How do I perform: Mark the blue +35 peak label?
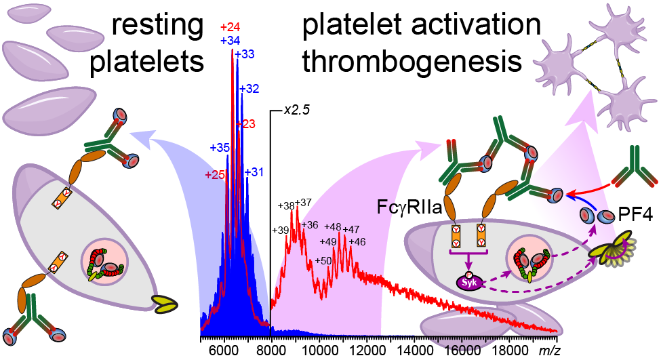(220, 147)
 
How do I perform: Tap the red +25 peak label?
(215, 175)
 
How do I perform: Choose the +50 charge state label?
(323, 260)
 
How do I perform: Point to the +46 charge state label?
(357, 241)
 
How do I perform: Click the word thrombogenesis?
(412, 62)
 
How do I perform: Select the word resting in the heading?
(157, 27)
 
